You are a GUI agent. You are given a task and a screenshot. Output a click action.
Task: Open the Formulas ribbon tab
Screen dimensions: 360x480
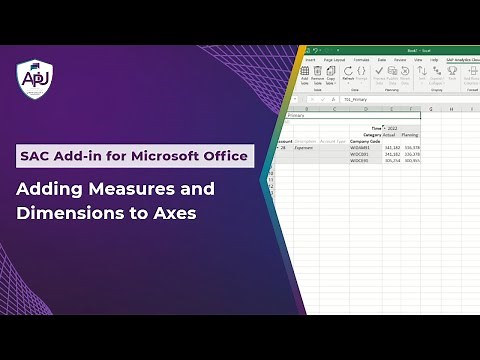tap(361, 60)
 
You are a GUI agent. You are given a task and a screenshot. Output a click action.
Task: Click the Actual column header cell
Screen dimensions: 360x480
tap(389, 134)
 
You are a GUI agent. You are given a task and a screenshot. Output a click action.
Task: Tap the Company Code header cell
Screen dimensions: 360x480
tap(364, 141)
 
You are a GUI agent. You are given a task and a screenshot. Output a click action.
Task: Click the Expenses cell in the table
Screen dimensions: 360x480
tap(306, 147)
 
